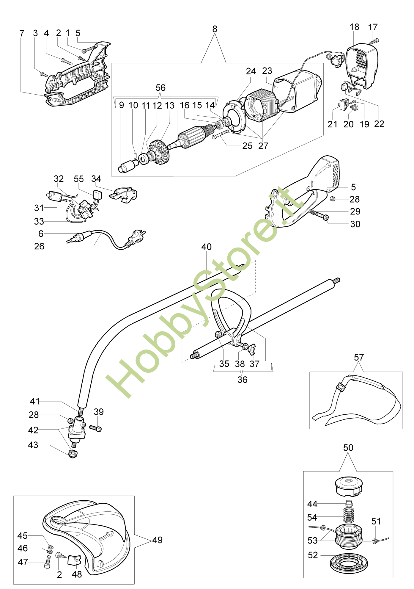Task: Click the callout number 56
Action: click(x=160, y=88)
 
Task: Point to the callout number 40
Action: click(x=206, y=247)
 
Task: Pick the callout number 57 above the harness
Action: click(x=359, y=357)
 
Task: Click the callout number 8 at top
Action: click(x=215, y=29)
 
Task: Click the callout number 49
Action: click(x=157, y=540)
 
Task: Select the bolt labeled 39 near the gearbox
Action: click(x=96, y=428)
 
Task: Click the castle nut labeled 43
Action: click(x=73, y=454)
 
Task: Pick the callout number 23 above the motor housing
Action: click(x=267, y=71)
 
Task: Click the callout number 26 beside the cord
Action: click(x=39, y=246)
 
